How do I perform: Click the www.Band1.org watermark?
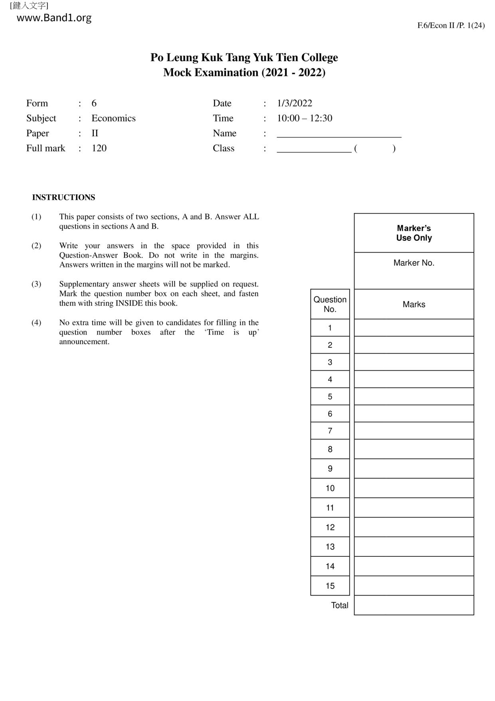click(54, 18)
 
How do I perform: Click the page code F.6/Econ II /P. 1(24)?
click(451, 26)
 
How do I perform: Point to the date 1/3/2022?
click(295, 103)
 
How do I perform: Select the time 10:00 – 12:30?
click(305, 118)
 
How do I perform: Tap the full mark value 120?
click(99, 148)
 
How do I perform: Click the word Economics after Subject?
click(113, 118)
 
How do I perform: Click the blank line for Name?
click(339, 134)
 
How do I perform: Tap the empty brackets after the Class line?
click(374, 149)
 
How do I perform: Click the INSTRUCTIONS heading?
click(63, 197)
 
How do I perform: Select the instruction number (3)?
click(36, 284)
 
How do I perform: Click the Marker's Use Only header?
click(414, 233)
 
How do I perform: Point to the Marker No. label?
click(414, 263)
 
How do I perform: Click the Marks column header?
click(414, 305)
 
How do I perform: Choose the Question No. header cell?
click(330, 304)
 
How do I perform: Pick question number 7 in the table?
click(330, 431)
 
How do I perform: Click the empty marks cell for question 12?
click(414, 528)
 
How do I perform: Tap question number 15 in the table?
click(330, 586)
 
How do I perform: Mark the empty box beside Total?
click(414, 605)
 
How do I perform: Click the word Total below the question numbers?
click(340, 605)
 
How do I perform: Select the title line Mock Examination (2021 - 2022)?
click(244, 73)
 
